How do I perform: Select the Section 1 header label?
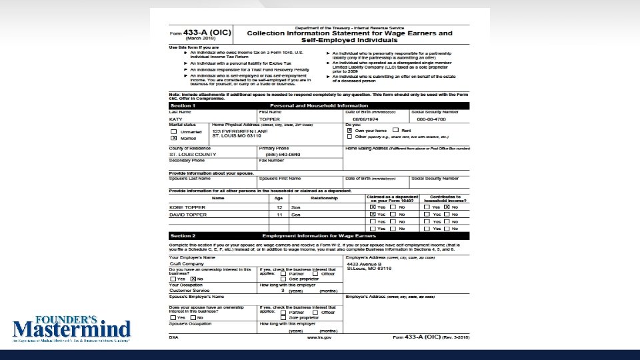coord(183,105)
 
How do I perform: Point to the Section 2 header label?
coord(183,236)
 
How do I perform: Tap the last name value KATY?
coord(176,119)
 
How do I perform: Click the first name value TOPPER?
coord(270,119)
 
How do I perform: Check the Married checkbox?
coord(174,138)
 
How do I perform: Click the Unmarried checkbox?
coord(174,132)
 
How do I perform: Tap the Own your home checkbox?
coord(349,131)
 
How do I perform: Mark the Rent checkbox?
coord(396,131)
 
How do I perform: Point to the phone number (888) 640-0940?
coord(278,154)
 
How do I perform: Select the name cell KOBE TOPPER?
coord(187,207)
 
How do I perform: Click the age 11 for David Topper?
coord(279,215)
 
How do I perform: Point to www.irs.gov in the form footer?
coord(320,337)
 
